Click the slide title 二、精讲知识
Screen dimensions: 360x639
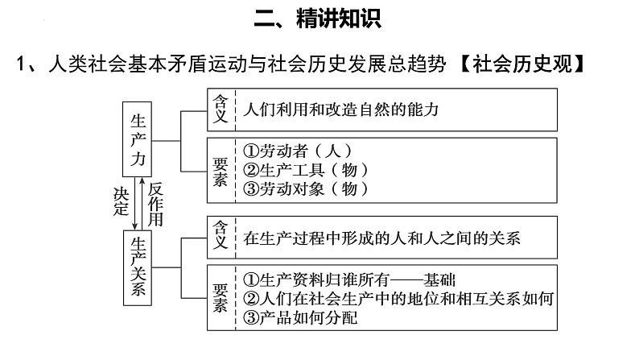point(318,19)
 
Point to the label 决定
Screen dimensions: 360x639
point(121,202)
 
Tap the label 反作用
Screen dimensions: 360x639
point(157,202)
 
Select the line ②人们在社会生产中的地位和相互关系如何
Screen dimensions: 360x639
point(399,299)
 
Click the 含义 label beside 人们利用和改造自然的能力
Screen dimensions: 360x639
point(220,110)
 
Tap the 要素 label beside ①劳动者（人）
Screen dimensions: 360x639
point(220,169)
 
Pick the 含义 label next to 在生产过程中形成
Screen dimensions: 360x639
point(220,237)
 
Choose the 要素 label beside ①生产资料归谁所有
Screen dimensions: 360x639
point(220,298)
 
